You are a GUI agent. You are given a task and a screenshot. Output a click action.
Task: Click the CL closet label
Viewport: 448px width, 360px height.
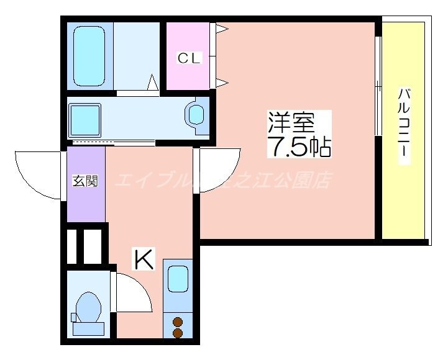click(x=190, y=58)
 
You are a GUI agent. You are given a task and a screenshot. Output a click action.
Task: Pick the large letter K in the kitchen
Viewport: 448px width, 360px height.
click(x=144, y=259)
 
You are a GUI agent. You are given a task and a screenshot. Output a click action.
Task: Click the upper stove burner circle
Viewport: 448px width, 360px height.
click(x=178, y=322)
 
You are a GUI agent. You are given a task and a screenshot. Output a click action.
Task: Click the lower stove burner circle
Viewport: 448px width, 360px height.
click(x=178, y=333)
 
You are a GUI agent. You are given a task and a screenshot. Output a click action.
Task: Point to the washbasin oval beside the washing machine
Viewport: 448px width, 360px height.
click(x=197, y=115)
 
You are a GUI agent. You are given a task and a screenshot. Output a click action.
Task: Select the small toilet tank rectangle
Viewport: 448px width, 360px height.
click(x=74, y=317)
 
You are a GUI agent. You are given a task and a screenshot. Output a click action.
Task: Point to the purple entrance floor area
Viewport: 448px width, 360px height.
click(x=86, y=199)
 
